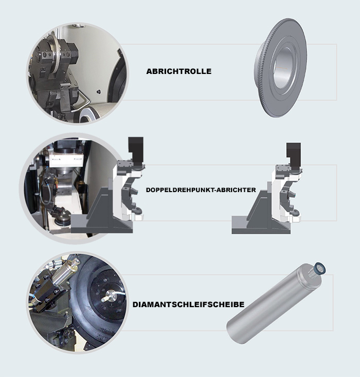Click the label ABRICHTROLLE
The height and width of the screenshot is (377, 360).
178,71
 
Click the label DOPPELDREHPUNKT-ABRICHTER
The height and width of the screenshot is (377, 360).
201,190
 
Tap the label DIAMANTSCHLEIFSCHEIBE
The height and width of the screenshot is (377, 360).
188,305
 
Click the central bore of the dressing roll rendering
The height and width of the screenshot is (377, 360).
284,68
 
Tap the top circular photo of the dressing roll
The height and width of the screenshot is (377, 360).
78,74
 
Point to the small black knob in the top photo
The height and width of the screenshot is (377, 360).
98,91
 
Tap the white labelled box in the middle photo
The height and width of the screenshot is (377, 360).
66,159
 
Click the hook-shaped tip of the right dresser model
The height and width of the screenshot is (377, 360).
296,213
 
